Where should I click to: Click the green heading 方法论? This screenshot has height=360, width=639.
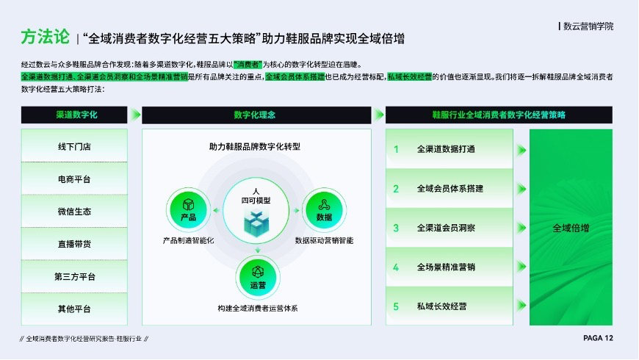click(x=46, y=37)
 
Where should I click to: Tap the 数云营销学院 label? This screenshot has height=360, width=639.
click(x=588, y=26)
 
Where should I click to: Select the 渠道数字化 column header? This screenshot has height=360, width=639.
click(x=74, y=115)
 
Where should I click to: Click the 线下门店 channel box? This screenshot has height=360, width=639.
click(x=74, y=146)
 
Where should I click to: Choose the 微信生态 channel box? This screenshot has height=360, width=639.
click(x=74, y=211)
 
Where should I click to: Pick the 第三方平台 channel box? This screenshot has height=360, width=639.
click(x=74, y=276)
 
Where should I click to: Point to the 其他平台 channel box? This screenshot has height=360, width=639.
click(x=74, y=309)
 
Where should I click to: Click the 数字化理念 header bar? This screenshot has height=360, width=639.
click(x=256, y=115)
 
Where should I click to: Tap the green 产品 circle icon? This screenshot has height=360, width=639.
click(x=188, y=209)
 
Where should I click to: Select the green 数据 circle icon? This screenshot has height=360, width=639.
click(x=324, y=209)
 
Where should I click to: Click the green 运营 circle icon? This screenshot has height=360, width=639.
click(x=258, y=278)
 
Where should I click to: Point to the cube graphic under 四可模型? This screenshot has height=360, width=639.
click(x=256, y=223)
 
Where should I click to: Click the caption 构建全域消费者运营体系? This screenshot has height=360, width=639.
click(x=258, y=309)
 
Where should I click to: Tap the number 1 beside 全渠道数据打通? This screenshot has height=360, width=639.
click(x=396, y=150)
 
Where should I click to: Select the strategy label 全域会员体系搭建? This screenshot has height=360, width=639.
click(x=450, y=188)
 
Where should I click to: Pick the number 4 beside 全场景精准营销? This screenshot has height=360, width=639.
click(x=396, y=267)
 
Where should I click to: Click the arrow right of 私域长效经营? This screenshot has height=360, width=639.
click(x=521, y=306)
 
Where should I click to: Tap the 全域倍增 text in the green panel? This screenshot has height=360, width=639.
click(x=571, y=228)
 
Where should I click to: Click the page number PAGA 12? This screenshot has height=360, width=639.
click(x=598, y=338)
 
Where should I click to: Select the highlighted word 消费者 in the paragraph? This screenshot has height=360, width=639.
click(x=248, y=65)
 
